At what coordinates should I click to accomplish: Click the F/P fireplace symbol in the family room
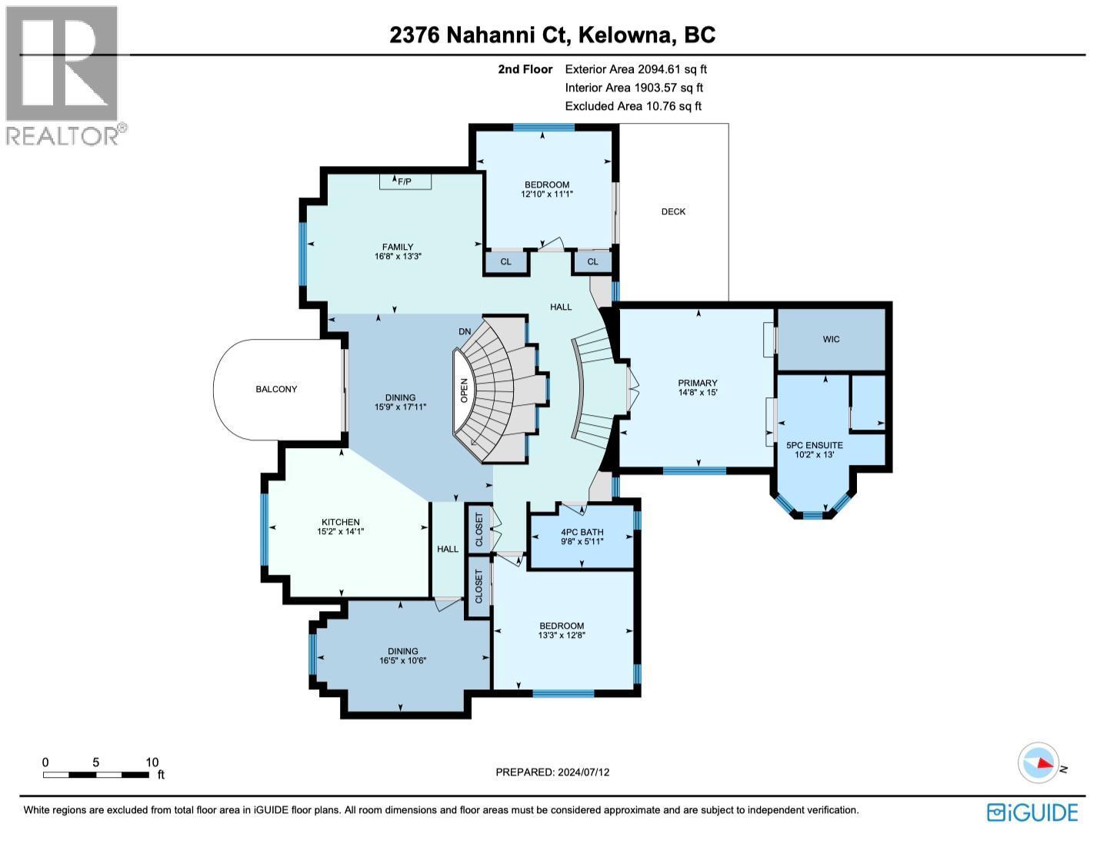tap(405, 181)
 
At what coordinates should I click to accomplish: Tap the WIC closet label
tap(831, 339)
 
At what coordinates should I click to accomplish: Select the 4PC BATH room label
tap(582, 532)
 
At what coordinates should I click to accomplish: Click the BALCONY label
tap(276, 390)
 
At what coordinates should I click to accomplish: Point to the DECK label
tap(673, 211)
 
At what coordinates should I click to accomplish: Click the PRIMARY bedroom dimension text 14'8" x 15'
tap(697, 394)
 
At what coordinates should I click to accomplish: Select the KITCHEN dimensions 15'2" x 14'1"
tap(338, 532)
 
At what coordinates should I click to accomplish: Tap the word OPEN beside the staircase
tap(464, 390)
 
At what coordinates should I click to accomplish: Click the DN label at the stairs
tap(465, 331)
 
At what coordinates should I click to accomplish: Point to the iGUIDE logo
tap(1032, 812)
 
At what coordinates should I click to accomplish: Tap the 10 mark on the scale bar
tap(152, 762)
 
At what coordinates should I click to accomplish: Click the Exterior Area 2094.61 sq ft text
tap(635, 69)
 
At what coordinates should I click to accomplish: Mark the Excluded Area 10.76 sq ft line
tap(633, 107)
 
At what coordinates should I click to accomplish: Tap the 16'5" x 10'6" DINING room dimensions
tap(402, 661)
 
